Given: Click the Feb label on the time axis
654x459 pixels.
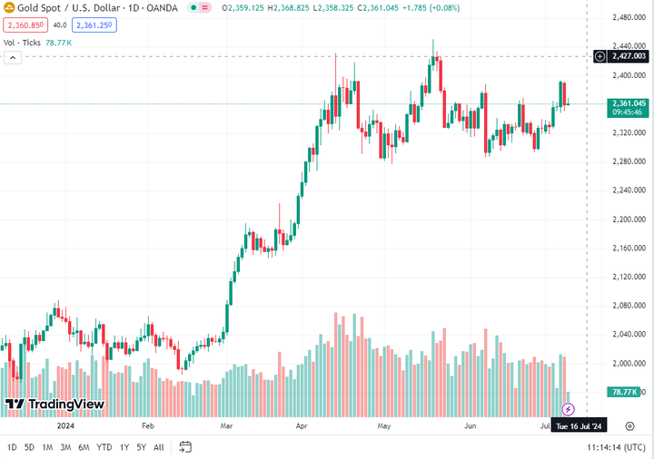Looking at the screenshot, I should (148, 425).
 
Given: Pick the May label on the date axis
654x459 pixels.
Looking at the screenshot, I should (384, 425).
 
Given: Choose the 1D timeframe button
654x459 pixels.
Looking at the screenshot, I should (12, 447).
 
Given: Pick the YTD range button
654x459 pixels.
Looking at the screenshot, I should (104, 447).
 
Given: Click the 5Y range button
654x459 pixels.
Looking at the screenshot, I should (141, 447).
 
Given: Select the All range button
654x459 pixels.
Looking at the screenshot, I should (159, 447).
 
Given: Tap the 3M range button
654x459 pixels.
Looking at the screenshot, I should (65, 447).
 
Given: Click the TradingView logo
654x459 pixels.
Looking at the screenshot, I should (54, 404).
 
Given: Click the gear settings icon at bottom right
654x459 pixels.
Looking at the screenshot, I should (629, 425).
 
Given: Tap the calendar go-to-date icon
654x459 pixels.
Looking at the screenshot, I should (185, 447).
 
